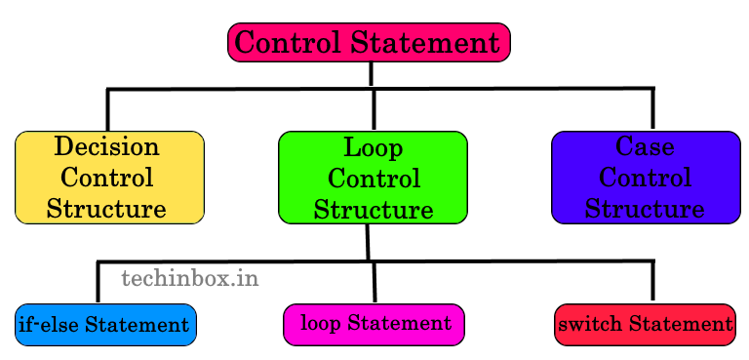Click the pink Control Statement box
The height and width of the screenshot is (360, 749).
pyautogui.click(x=369, y=43)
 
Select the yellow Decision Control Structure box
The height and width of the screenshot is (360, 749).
pyautogui.click(x=109, y=178)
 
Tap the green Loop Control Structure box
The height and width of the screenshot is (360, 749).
pyautogui.click(x=373, y=178)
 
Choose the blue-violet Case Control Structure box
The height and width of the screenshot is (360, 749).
pyautogui.click(x=646, y=178)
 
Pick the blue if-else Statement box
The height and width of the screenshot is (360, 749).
pyautogui.click(x=105, y=325)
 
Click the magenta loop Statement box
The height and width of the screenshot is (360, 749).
pyautogui.click(x=374, y=324)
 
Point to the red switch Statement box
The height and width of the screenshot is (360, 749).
pyautogui.click(x=645, y=325)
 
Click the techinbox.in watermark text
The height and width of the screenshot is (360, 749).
pyautogui.click(x=189, y=279)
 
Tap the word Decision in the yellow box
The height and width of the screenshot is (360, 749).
pyautogui.click(x=107, y=147)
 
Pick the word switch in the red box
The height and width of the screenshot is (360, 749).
pyautogui.click(x=590, y=325)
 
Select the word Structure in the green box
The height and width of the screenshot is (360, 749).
pyautogui.click(x=374, y=210)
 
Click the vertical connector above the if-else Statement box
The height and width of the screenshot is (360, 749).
pyautogui.click(x=99, y=282)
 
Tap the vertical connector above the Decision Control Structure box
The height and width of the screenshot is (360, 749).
pyautogui.click(x=107, y=109)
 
